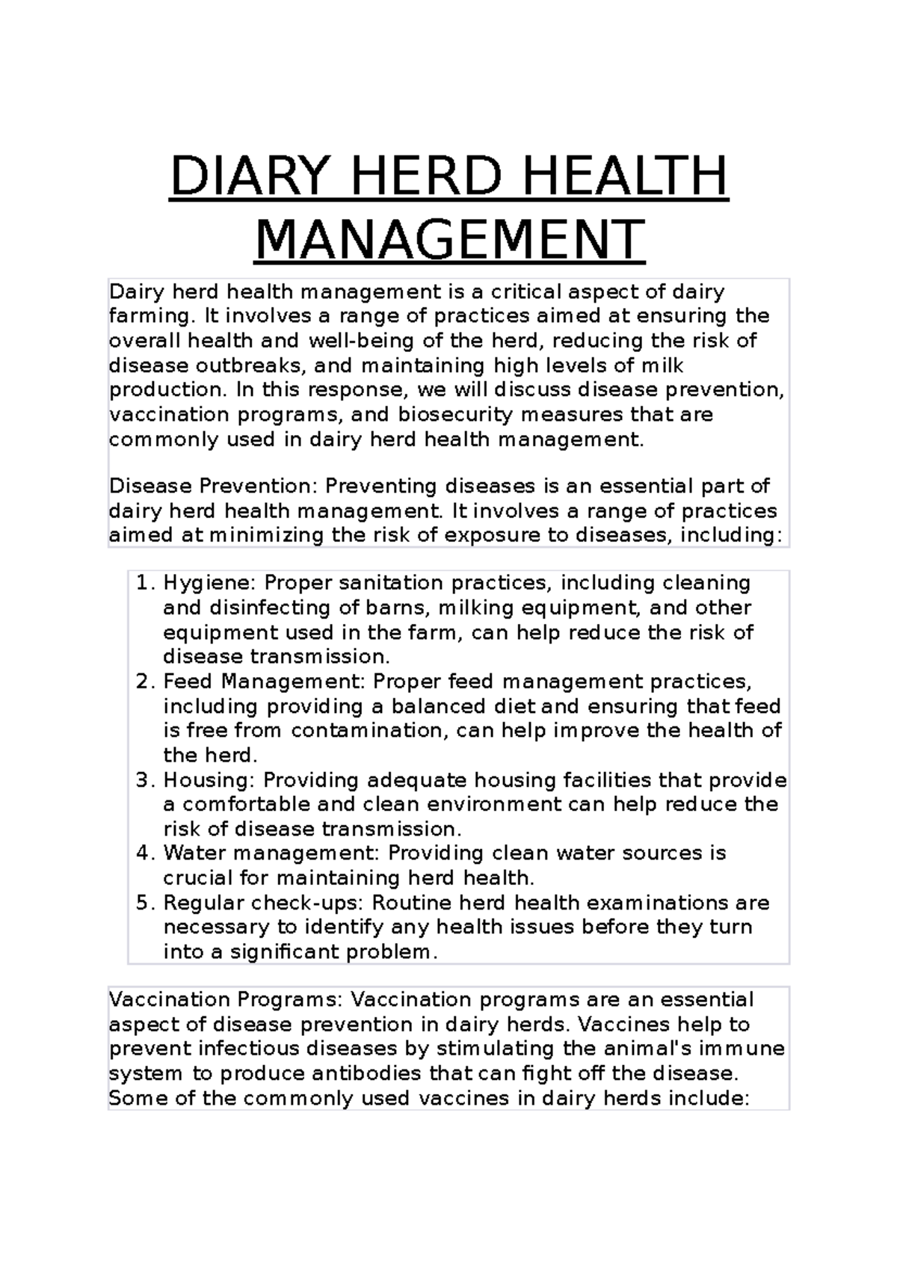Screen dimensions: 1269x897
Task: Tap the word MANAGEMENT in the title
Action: [x=449, y=240]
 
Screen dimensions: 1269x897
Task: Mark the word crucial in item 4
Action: [x=194, y=878]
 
